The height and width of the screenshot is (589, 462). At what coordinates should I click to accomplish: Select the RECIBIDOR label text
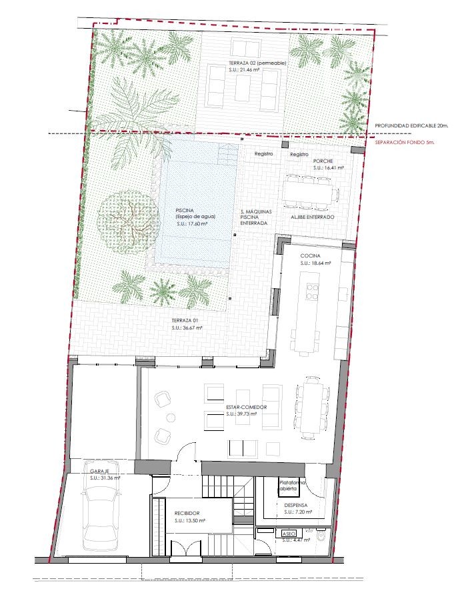pyautogui.click(x=189, y=512)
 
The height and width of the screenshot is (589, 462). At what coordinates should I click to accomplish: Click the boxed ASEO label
pyautogui.click(x=289, y=534)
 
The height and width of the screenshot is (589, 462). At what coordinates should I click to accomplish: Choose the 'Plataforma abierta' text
pyautogui.click(x=292, y=486)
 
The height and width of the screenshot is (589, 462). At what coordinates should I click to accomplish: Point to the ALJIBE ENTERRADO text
pyautogui.click(x=312, y=218)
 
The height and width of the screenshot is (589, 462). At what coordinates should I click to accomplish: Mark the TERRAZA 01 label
pyautogui.click(x=186, y=321)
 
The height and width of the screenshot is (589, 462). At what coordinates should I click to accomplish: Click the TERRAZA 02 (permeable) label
pyautogui.click(x=256, y=63)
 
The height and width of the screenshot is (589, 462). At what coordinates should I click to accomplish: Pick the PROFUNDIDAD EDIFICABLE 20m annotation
pyautogui.click(x=411, y=125)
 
